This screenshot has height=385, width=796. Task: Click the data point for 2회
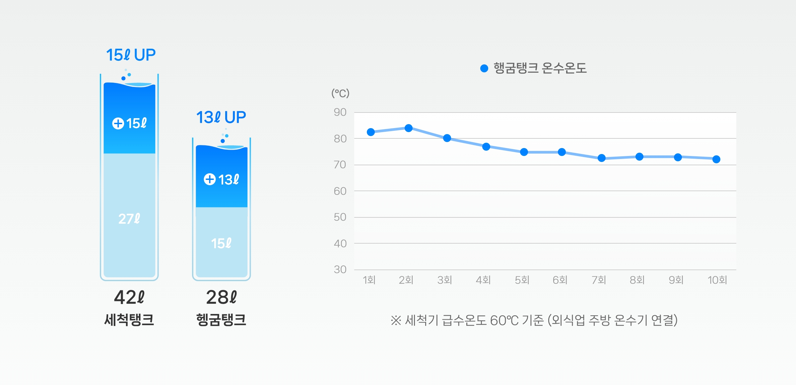pos(409,128)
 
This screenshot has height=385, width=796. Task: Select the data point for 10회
pos(716,159)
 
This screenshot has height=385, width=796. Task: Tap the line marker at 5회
pos(524,152)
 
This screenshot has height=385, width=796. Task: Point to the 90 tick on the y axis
pos(340,112)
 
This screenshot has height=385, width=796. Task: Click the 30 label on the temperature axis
pos(340,269)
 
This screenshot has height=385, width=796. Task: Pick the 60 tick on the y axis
pos(340,191)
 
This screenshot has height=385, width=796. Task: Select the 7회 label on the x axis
pos(599,280)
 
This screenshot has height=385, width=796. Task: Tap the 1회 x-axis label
pos(369,280)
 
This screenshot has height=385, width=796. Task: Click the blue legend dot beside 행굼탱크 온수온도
pos(484,68)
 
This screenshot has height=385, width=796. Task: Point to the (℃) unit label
pos(340,93)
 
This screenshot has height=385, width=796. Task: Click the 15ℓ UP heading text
pos(131,55)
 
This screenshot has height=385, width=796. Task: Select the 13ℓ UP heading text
pos(221,117)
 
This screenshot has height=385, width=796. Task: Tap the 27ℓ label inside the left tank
pos(129,219)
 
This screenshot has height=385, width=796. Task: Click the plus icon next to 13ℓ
pos(210,179)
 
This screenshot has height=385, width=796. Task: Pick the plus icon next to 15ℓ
pos(118,123)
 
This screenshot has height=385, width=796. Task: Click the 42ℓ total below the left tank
pos(129,297)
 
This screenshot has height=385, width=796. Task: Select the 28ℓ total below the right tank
pos(221,297)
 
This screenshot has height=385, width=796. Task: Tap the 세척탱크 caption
pos(129,320)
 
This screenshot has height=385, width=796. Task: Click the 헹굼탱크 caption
pos(221,320)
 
